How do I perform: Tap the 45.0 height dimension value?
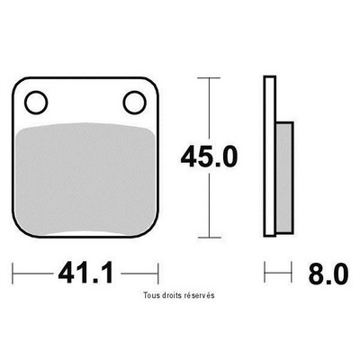point(209,157)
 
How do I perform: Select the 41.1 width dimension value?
point(86,273)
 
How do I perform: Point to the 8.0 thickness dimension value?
point(328,274)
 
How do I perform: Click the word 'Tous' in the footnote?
point(150,295)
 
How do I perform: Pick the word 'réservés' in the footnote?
point(200,295)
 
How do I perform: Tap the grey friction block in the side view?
point(283,177)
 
